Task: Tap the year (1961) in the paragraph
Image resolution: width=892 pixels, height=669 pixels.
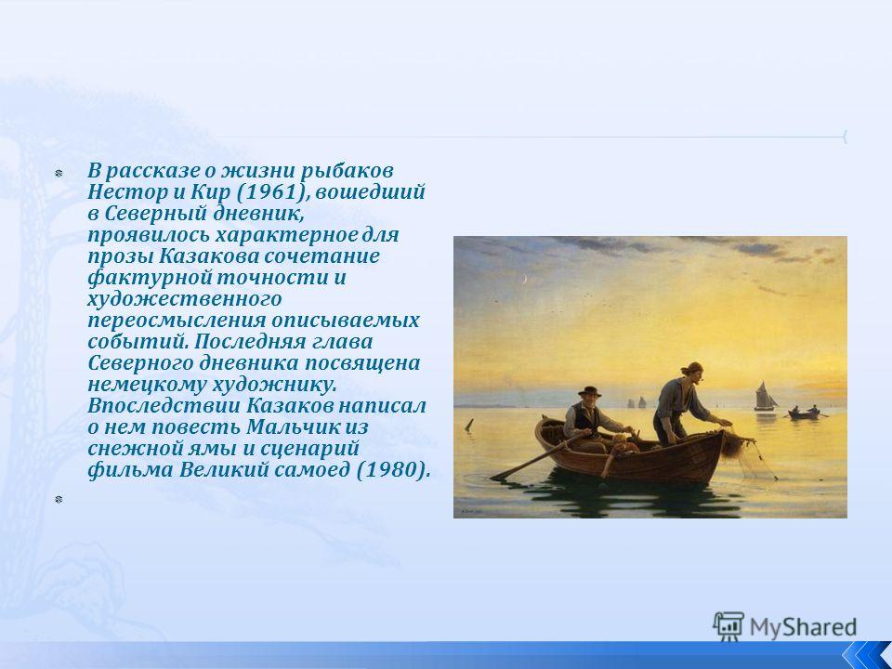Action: [272, 192]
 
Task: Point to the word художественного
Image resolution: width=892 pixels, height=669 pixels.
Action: [185, 299]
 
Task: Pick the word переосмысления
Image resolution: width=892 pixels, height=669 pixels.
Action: [177, 321]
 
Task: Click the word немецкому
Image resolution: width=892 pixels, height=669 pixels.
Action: [147, 385]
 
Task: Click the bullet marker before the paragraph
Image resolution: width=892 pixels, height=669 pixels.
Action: [58, 173]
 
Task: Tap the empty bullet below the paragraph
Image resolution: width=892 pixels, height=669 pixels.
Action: [58, 500]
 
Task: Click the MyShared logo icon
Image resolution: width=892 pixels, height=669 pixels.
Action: [728, 626]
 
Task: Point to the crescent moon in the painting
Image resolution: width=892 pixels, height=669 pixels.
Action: [526, 278]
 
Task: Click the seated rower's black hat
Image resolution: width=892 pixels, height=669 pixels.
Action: [589, 391]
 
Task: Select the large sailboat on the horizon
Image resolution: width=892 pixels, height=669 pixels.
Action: [765, 397]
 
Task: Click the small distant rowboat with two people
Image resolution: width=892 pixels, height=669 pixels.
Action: [804, 413]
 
